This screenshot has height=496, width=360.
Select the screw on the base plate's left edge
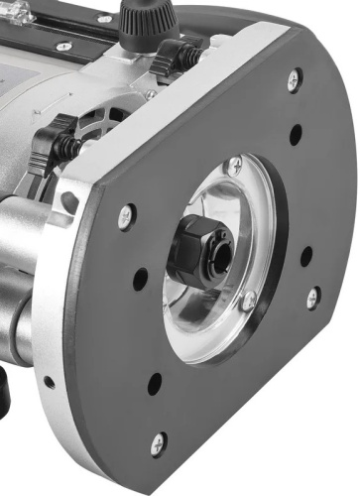point(126,213)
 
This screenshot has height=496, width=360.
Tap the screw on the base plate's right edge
point(312,297)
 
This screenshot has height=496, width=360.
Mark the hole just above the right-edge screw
point(306,255)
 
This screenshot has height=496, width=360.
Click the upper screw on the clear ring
point(234,165)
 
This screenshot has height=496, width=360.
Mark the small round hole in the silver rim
point(50,381)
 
